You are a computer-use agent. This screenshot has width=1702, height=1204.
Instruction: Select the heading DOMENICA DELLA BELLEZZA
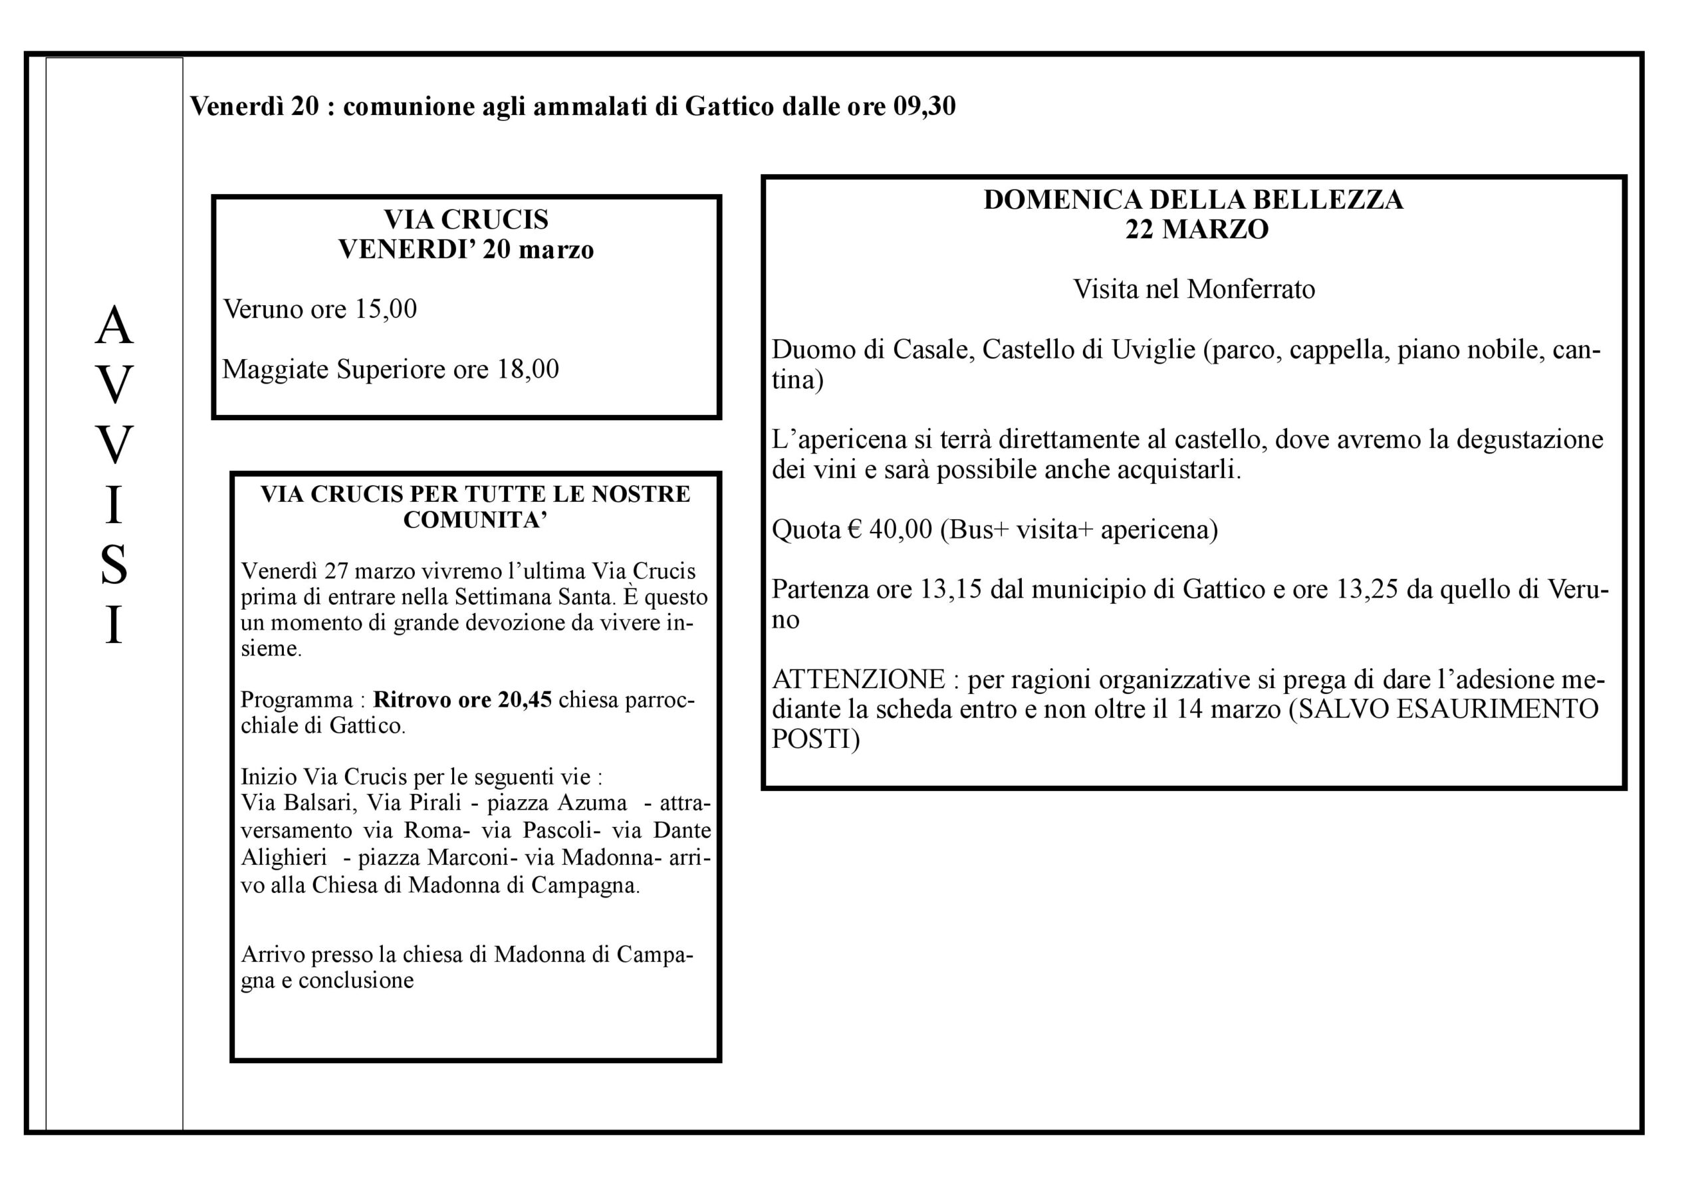pyautogui.click(x=1193, y=200)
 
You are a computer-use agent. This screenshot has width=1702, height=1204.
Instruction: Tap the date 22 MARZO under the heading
pyautogui.click(x=1197, y=230)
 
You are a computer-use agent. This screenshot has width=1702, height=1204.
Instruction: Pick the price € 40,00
pyautogui.click(x=890, y=530)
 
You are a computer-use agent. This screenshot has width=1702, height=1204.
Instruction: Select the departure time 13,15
pyautogui.click(x=950, y=590)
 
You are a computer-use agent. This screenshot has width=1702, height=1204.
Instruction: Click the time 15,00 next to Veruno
pyautogui.click(x=386, y=309)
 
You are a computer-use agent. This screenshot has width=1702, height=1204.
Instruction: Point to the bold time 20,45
pyautogui.click(x=524, y=700)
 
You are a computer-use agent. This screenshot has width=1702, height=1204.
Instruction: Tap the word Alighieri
pyautogui.click(x=284, y=858)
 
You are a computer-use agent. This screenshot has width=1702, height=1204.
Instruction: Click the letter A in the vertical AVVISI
pyautogui.click(x=114, y=326)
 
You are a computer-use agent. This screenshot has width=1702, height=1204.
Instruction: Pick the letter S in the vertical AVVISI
pyautogui.click(x=114, y=565)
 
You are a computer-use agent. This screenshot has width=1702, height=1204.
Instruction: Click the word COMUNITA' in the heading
pyautogui.click(x=475, y=520)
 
